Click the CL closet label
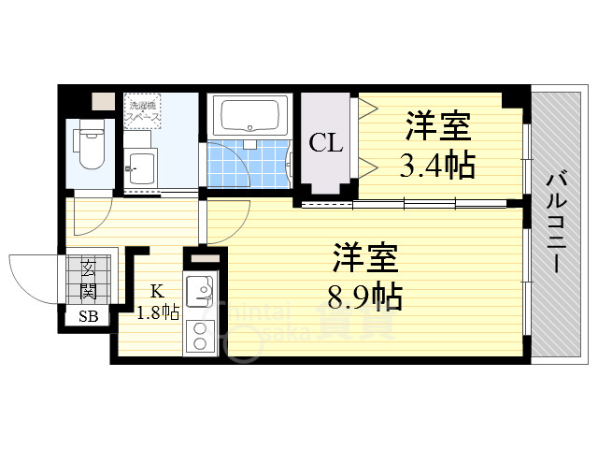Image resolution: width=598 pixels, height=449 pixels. (326, 143)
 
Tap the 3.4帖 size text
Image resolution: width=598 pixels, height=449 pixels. (438, 166)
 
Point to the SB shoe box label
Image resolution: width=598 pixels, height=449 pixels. (88, 316)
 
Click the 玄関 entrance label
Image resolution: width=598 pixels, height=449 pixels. (89, 277)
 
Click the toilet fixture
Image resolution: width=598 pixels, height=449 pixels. (92, 146)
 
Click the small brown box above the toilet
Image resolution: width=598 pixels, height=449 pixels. (102, 100)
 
